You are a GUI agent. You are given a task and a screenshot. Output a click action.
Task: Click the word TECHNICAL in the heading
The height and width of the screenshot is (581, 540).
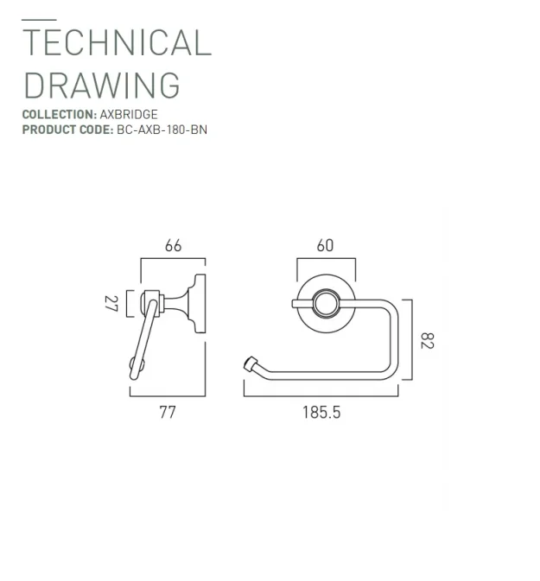116,42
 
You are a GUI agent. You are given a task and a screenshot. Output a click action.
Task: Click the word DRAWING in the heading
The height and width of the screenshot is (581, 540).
101,85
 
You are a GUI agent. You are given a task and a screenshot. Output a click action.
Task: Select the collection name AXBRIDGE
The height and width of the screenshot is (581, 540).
129,114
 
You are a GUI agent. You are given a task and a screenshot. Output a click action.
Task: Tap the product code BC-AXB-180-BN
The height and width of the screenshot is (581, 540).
162,129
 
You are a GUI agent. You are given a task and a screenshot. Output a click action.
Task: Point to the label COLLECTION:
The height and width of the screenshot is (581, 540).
59,114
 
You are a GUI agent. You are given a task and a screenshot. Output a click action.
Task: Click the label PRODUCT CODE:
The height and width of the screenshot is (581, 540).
67,129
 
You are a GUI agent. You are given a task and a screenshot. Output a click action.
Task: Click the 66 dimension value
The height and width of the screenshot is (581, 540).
173,245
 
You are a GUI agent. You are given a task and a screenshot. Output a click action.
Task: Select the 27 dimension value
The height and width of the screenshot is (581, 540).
111,303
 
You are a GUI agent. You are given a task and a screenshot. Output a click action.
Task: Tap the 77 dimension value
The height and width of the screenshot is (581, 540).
168,412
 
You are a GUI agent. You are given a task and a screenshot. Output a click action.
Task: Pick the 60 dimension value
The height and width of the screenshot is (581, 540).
325,245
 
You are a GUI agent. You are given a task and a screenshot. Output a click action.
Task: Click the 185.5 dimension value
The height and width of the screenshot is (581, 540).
321,412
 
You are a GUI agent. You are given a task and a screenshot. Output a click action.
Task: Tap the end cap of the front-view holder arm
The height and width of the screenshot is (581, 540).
251,363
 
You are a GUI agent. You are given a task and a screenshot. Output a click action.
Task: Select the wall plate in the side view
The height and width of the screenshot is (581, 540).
200,304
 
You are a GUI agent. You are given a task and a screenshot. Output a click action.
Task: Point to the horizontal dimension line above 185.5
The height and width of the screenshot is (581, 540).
321,396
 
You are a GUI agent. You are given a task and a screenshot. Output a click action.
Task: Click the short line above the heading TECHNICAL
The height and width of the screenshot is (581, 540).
39,19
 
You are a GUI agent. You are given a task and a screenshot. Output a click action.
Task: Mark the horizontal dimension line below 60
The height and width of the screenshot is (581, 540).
325,257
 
